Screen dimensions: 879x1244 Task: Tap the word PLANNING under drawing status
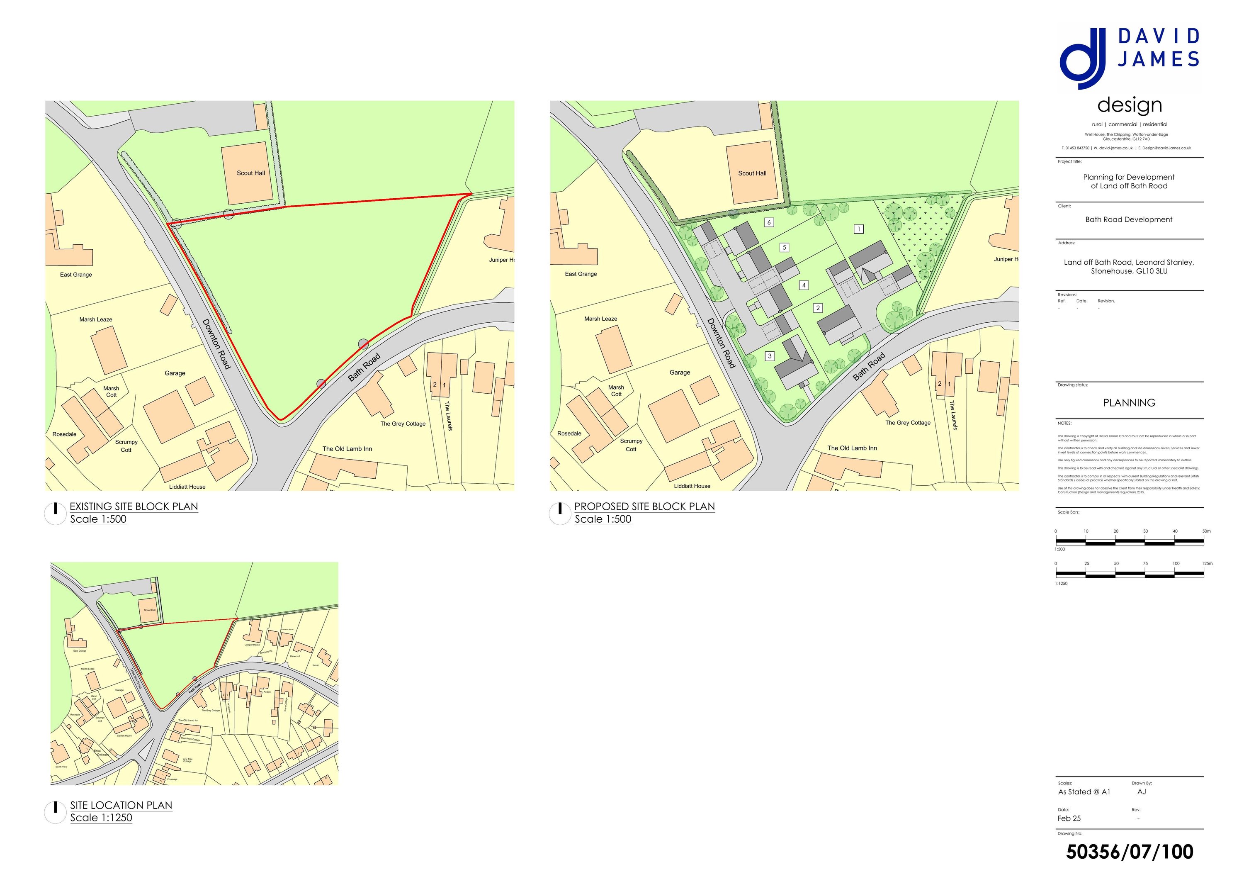pyautogui.click(x=1129, y=403)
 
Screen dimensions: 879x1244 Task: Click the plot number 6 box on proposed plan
pyautogui.click(x=769, y=222)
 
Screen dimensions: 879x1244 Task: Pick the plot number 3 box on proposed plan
pyautogui.click(x=769, y=356)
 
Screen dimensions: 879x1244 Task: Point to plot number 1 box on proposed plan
pyautogui.click(x=859, y=229)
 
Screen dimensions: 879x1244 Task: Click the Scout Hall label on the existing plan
pyautogui.click(x=251, y=173)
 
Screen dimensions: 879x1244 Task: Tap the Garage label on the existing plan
pyautogui.click(x=175, y=373)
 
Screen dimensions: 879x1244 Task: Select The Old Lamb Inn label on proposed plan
pyautogui.click(x=852, y=448)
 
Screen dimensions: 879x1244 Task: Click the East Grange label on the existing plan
pyautogui.click(x=76, y=275)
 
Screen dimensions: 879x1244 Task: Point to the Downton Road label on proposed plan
pyautogui.click(x=721, y=343)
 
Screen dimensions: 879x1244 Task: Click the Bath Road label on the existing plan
pyautogui.click(x=364, y=368)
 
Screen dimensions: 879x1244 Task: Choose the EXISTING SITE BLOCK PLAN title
pyautogui.click(x=134, y=506)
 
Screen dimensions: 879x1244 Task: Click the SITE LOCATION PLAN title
pyautogui.click(x=121, y=805)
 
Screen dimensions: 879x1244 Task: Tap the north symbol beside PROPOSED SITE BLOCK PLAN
pyautogui.click(x=560, y=513)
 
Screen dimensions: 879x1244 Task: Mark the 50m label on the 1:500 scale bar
pyautogui.click(x=1206, y=531)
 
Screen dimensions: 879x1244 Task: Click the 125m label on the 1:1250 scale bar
pyautogui.click(x=1207, y=564)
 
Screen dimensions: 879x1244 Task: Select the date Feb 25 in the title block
pyautogui.click(x=1069, y=818)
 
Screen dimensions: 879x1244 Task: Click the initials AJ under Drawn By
pyautogui.click(x=1142, y=792)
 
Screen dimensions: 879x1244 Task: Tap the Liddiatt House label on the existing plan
pyautogui.click(x=187, y=487)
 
